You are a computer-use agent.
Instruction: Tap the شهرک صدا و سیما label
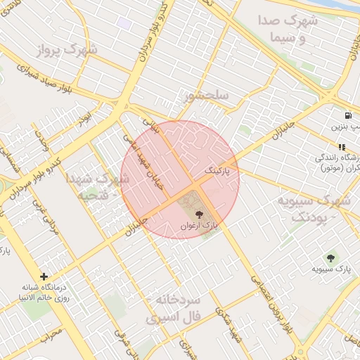pos(288,30)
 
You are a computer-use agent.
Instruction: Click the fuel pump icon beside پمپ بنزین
pos(348,115)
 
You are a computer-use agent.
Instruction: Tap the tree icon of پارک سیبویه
pos(331,259)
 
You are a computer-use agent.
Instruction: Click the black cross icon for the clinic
pos(44,277)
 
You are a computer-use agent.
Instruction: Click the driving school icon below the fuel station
pos(341,147)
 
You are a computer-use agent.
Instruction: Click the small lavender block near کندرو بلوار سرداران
pos(124,23)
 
